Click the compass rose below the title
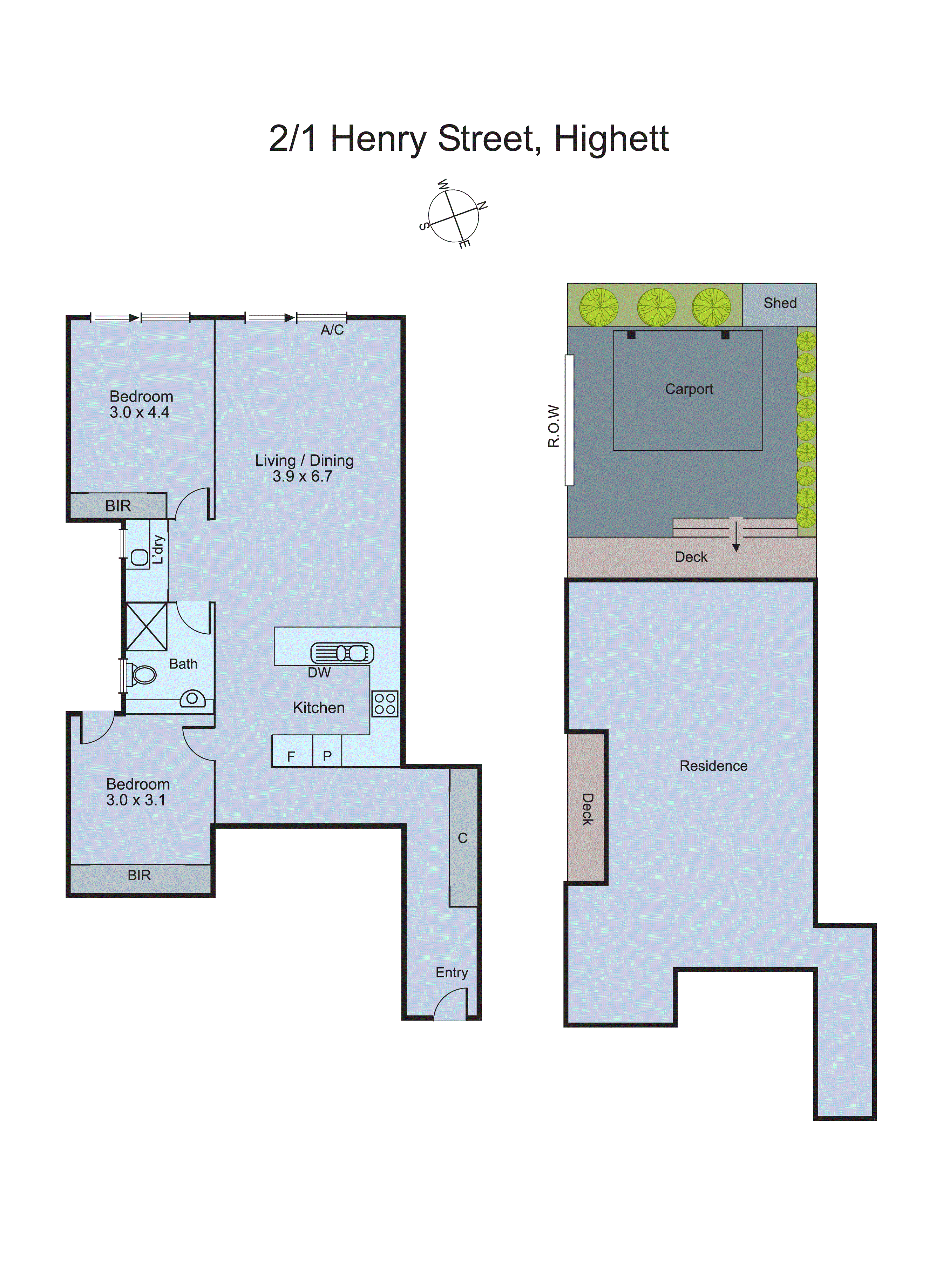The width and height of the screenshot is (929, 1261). [x=453, y=216]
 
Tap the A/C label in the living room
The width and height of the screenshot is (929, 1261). [x=332, y=330]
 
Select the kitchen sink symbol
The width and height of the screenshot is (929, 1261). [x=342, y=653]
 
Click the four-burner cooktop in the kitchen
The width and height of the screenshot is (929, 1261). [x=385, y=704]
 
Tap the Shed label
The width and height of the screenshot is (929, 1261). [x=780, y=303]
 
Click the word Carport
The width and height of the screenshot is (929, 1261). [x=689, y=389]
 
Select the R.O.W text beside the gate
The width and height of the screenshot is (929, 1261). [x=554, y=426]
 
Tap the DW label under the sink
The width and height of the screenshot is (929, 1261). [x=319, y=673]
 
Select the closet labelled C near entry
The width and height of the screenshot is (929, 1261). [x=463, y=838]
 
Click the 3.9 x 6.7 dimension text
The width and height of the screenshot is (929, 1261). [x=303, y=477]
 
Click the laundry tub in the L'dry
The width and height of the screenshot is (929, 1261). [x=140, y=557]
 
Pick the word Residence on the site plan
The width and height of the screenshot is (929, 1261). [x=713, y=766]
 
